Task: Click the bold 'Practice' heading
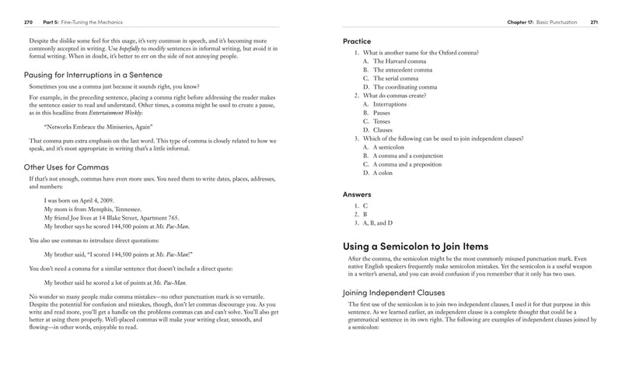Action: tap(357, 40)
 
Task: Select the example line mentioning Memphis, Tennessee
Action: tap(93, 209)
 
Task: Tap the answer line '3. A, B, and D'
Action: tap(375, 223)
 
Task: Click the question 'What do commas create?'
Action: tap(395, 95)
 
